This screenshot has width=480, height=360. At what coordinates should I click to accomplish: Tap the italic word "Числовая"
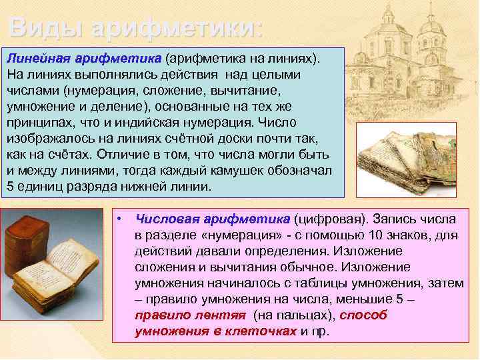tap(161, 219)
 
